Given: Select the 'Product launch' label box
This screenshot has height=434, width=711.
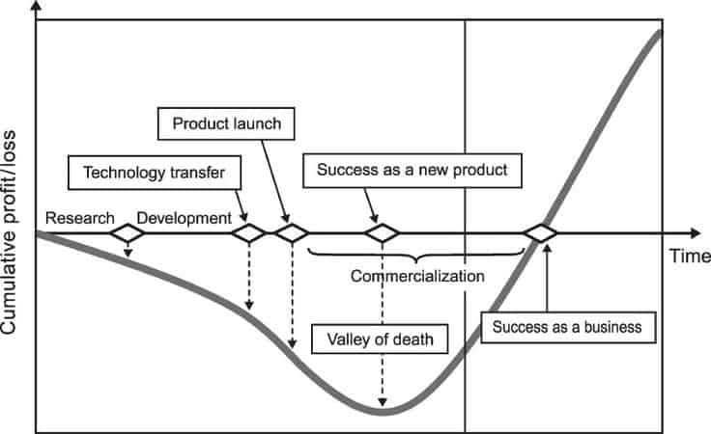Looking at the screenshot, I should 224,124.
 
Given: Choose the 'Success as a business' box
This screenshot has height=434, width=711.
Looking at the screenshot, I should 567,326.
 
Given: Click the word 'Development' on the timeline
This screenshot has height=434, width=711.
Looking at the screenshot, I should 184,218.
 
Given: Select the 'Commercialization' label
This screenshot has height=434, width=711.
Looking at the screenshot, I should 416,276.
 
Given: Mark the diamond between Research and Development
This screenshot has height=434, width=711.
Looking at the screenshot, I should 127,233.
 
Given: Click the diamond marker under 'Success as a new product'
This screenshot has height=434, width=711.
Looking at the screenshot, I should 383,233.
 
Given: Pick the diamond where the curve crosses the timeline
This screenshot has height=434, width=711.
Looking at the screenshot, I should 540,233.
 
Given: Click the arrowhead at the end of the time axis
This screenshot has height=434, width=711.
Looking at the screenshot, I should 695,233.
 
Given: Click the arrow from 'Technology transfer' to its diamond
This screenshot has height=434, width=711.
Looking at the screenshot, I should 239,203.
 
